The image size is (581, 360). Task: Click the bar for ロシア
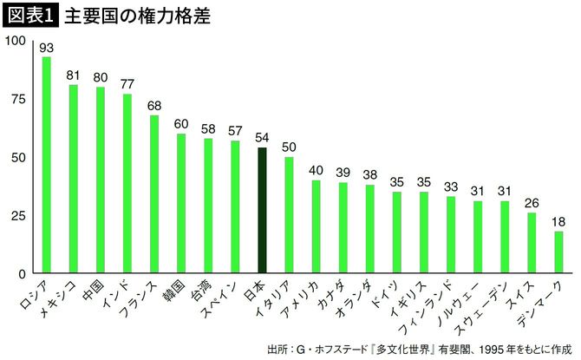47,165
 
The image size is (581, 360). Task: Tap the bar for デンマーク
558,252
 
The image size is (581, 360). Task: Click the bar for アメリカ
317,226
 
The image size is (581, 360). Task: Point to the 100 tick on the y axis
16,42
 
